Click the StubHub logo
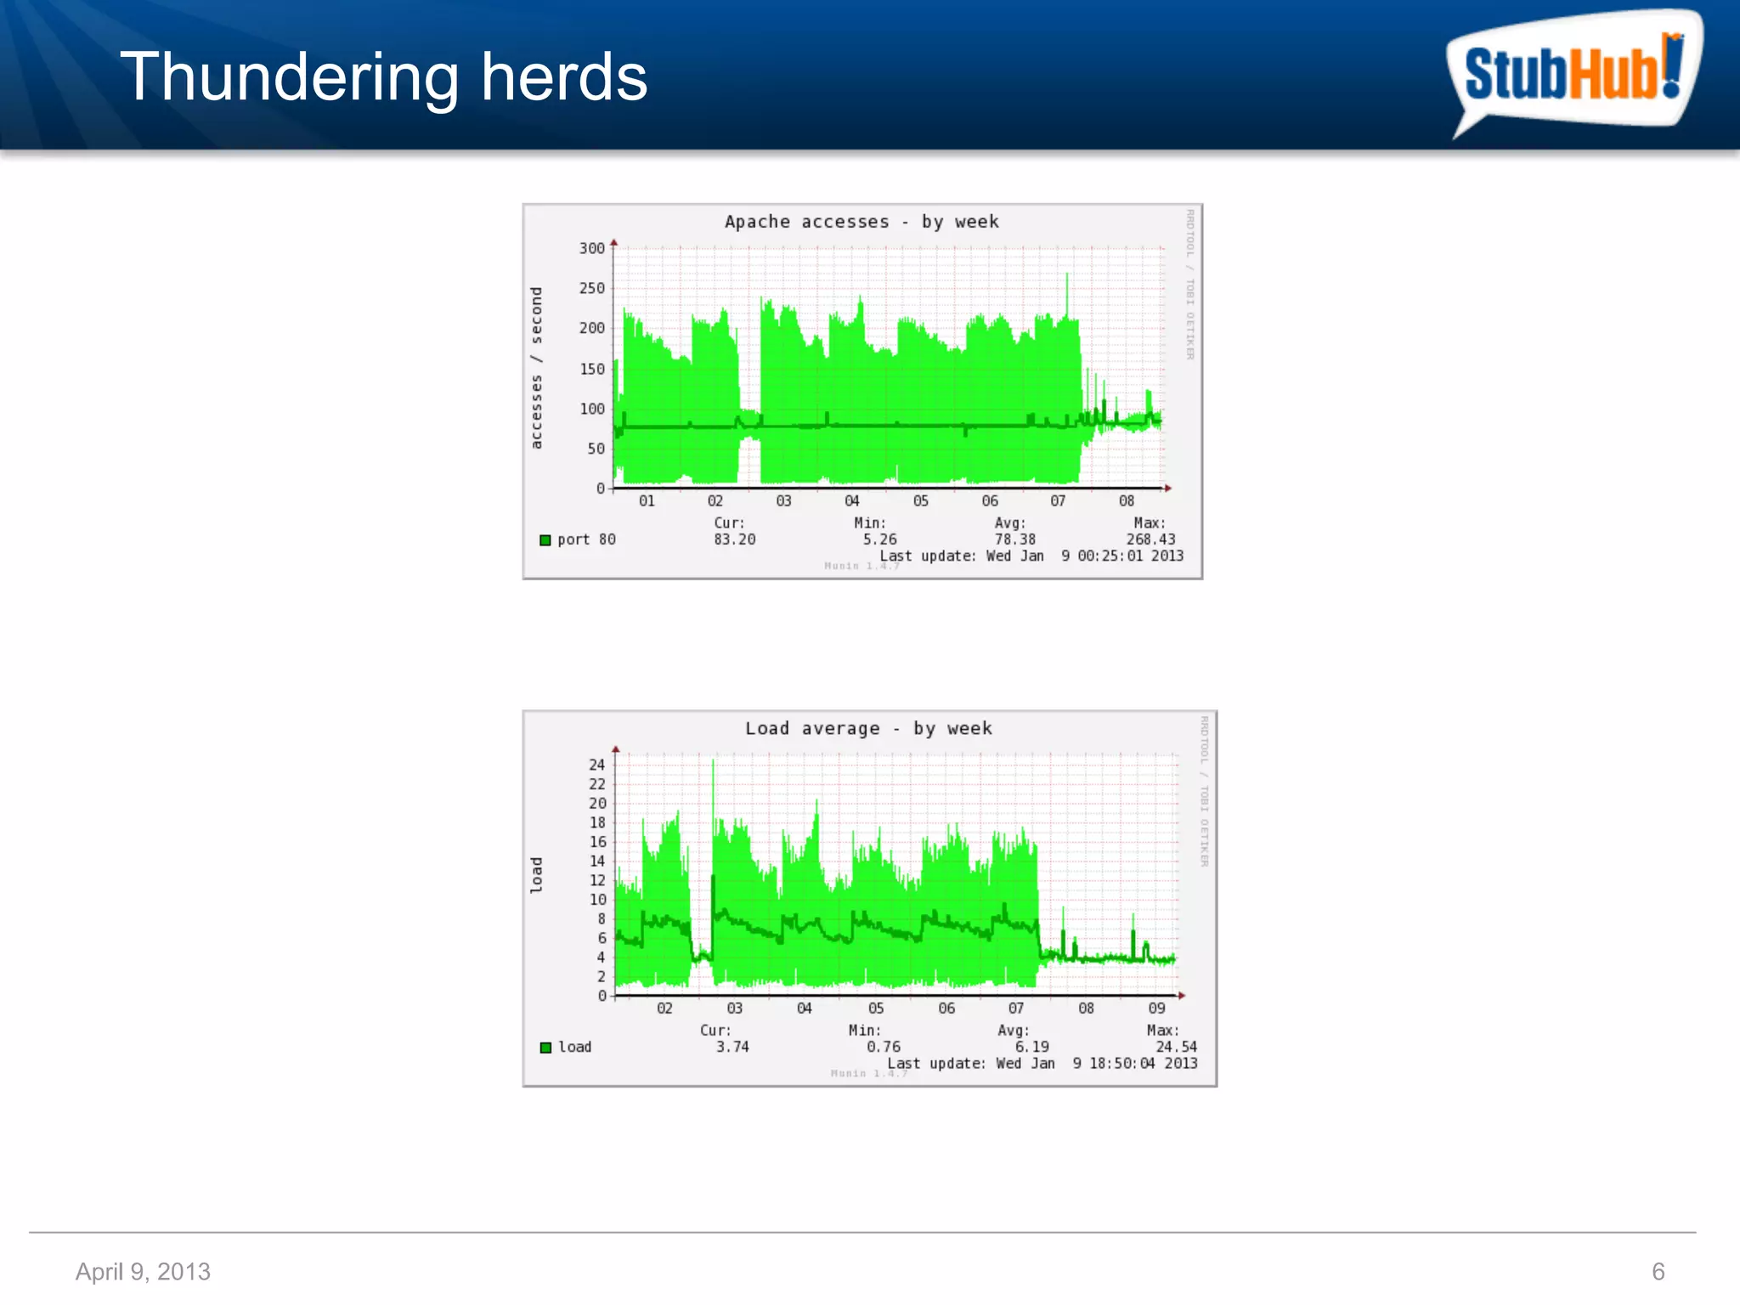pyautogui.click(x=1572, y=72)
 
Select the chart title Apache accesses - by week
pyautogui.click(x=862, y=222)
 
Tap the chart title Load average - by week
pyautogui.click(x=868, y=729)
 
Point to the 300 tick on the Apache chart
pyautogui.click(x=592, y=248)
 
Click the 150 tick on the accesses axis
pyautogui.click(x=592, y=369)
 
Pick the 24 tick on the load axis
pyautogui.click(x=597, y=765)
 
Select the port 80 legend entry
pyautogui.click(x=579, y=540)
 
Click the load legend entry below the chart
pyautogui.click(x=567, y=1047)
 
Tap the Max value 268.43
pyautogui.click(x=1150, y=540)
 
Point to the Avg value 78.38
pyautogui.click(x=1015, y=540)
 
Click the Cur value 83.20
pyautogui.click(x=734, y=540)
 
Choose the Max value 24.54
pyautogui.click(x=1176, y=1047)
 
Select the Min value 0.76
pyautogui.click(x=883, y=1047)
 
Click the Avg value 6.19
pyautogui.click(x=1031, y=1047)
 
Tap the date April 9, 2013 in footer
pyautogui.click(x=143, y=1271)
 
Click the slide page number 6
pyautogui.click(x=1658, y=1271)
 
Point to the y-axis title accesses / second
pyautogui.click(x=536, y=368)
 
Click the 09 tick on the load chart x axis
pyautogui.click(x=1156, y=1008)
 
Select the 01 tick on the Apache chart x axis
pyautogui.click(x=647, y=501)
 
